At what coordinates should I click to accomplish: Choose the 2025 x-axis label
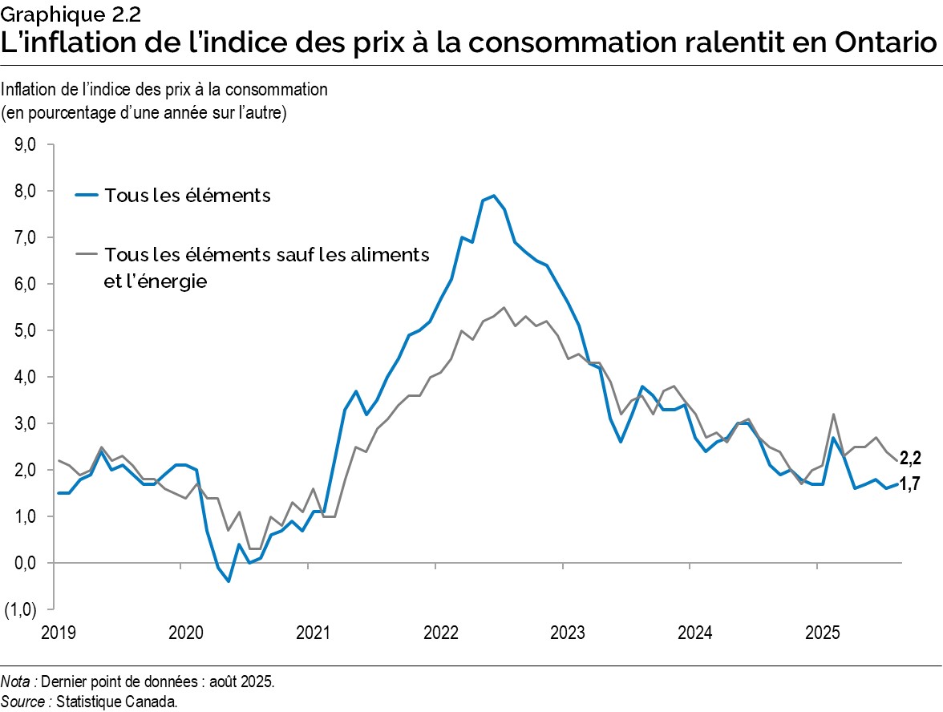pos(821,633)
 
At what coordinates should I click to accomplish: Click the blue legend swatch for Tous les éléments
pos(87,195)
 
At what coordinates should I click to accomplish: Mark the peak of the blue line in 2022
pos(493,196)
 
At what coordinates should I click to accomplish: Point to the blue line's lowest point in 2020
pos(228,581)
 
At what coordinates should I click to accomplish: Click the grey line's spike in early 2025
pos(834,415)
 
